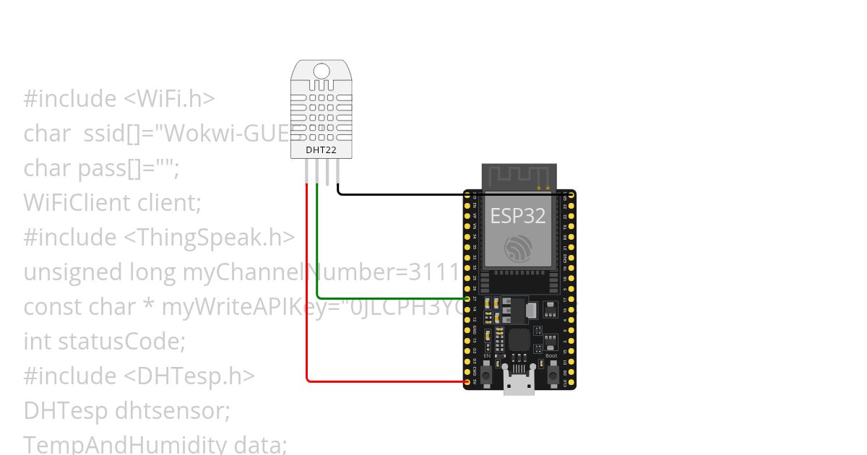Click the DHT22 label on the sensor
point(322,149)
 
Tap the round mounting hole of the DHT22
point(322,71)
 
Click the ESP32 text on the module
point(518,215)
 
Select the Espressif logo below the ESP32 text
point(518,248)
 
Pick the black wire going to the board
point(405,194)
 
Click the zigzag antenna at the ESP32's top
point(519,177)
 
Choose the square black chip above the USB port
point(519,339)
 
